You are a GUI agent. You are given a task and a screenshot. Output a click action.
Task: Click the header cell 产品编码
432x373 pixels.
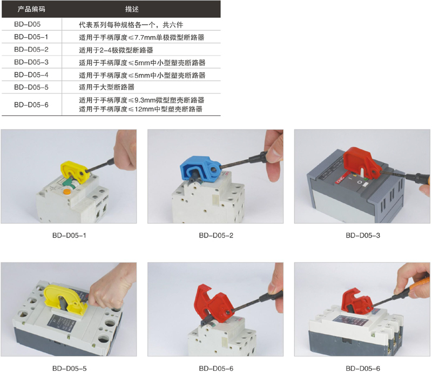coord(31,9)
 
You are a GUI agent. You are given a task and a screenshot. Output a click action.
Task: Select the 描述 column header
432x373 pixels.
coord(132,9)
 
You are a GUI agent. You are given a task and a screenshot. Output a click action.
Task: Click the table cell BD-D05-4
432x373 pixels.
coord(31,74)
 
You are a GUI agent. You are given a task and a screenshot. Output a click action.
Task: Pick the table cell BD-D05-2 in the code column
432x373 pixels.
coord(31,50)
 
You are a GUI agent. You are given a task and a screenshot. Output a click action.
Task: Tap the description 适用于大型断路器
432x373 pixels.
coord(106,87)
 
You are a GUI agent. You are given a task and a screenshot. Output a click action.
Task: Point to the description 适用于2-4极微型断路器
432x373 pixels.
coord(116,50)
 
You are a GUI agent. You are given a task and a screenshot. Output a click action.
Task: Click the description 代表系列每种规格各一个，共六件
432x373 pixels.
coord(131,25)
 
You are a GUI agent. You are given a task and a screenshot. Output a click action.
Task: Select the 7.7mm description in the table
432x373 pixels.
coord(141,37)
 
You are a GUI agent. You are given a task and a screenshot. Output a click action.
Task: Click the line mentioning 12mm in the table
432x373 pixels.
coord(140,109)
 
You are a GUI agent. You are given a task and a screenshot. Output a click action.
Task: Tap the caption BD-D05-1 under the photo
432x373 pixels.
coord(69,235)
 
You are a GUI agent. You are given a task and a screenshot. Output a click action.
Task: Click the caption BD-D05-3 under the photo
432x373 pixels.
coord(363,235)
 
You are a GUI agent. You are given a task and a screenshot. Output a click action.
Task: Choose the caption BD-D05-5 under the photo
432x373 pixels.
coord(69,368)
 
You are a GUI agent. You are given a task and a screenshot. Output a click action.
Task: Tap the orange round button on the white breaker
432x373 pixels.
coord(66,192)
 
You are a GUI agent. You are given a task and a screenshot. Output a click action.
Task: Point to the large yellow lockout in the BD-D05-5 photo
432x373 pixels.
coord(65,300)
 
